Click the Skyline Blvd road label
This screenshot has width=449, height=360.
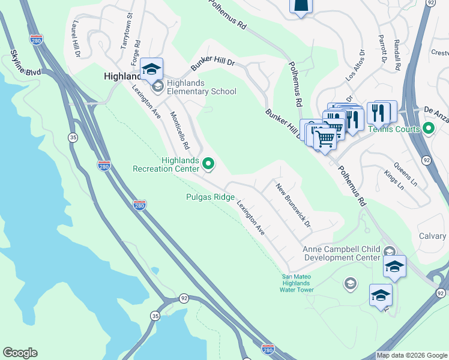coord(25,64)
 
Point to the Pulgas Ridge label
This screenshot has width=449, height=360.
coord(209,197)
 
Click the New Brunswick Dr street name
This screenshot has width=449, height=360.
coord(294,206)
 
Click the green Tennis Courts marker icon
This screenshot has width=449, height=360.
coord(428,128)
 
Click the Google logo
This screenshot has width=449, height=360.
coord(20,353)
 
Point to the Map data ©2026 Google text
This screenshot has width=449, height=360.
coord(412,355)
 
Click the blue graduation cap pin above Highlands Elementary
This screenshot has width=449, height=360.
coord(152,69)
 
